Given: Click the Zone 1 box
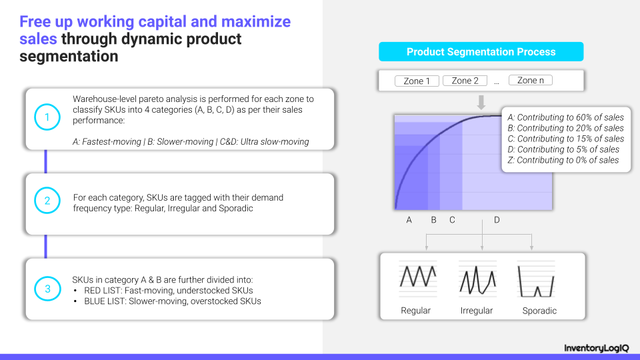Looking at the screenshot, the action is (x=417, y=81).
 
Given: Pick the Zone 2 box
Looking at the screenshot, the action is (x=465, y=81).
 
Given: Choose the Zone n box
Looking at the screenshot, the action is (x=531, y=80).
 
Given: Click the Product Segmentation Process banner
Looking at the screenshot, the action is (x=481, y=52).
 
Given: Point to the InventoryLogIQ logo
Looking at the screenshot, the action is (x=596, y=348).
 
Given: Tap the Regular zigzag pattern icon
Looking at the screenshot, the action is (x=418, y=277).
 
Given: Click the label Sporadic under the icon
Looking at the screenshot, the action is (x=539, y=311).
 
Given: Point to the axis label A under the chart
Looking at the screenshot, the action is (x=409, y=220).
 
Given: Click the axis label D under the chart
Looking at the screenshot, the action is (x=497, y=220).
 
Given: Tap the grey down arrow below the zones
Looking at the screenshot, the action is (x=481, y=102).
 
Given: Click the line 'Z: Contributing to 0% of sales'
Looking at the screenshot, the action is (x=563, y=160).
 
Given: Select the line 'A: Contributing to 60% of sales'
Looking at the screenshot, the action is (x=566, y=117).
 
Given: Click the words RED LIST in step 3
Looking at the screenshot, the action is (x=103, y=291).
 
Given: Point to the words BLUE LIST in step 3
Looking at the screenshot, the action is (x=105, y=301).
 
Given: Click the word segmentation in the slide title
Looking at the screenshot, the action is (x=69, y=56).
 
